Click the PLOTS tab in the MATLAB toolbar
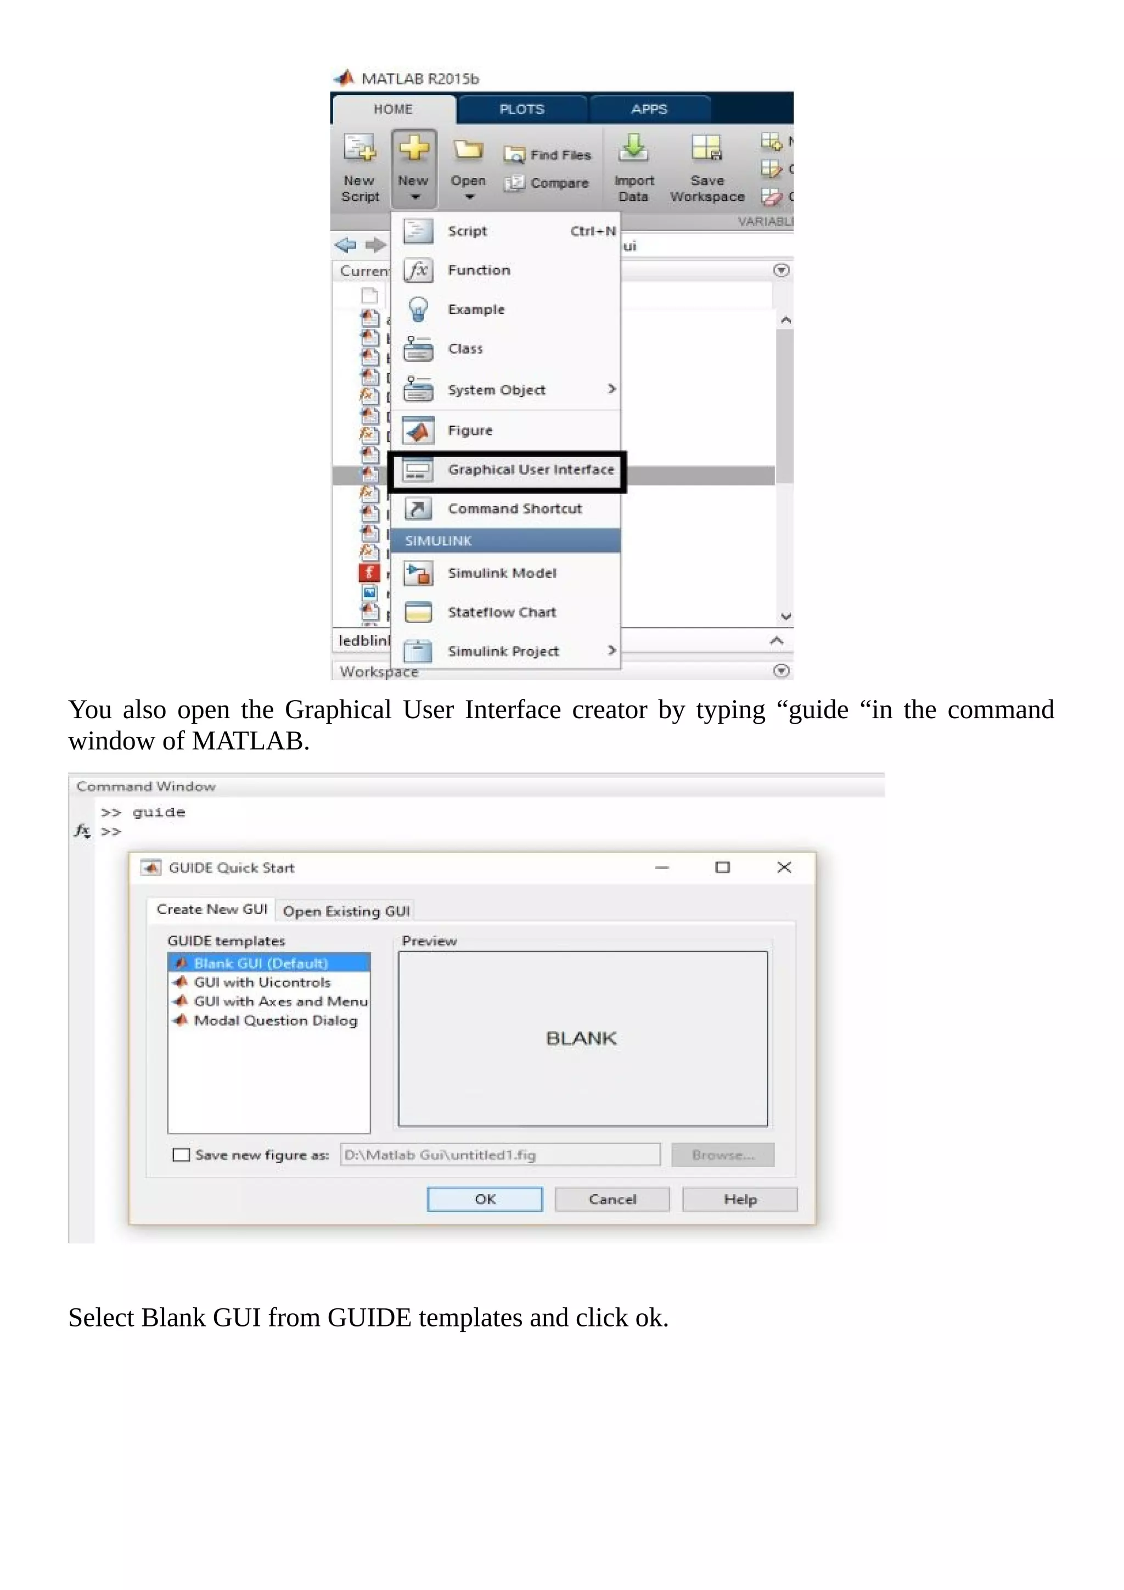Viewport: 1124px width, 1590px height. click(521, 109)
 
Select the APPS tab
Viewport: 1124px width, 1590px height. click(649, 109)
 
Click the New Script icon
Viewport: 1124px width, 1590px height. click(360, 166)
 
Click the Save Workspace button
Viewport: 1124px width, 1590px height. click(707, 166)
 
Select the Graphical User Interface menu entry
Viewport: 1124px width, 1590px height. click(530, 470)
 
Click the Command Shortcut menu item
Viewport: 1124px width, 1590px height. click(514, 509)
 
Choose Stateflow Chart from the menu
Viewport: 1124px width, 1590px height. click(502, 612)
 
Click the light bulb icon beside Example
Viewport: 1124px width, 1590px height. click(418, 310)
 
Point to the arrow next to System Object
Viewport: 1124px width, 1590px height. click(612, 389)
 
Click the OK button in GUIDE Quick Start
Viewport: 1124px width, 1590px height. click(485, 1200)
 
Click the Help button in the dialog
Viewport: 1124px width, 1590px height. click(740, 1200)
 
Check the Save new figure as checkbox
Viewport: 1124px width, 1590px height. click(181, 1155)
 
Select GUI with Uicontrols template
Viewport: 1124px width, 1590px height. click(262, 983)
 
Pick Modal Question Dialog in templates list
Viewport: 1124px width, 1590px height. click(275, 1021)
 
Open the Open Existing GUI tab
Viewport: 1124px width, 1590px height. click(346, 911)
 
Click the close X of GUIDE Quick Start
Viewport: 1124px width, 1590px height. click(784, 867)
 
